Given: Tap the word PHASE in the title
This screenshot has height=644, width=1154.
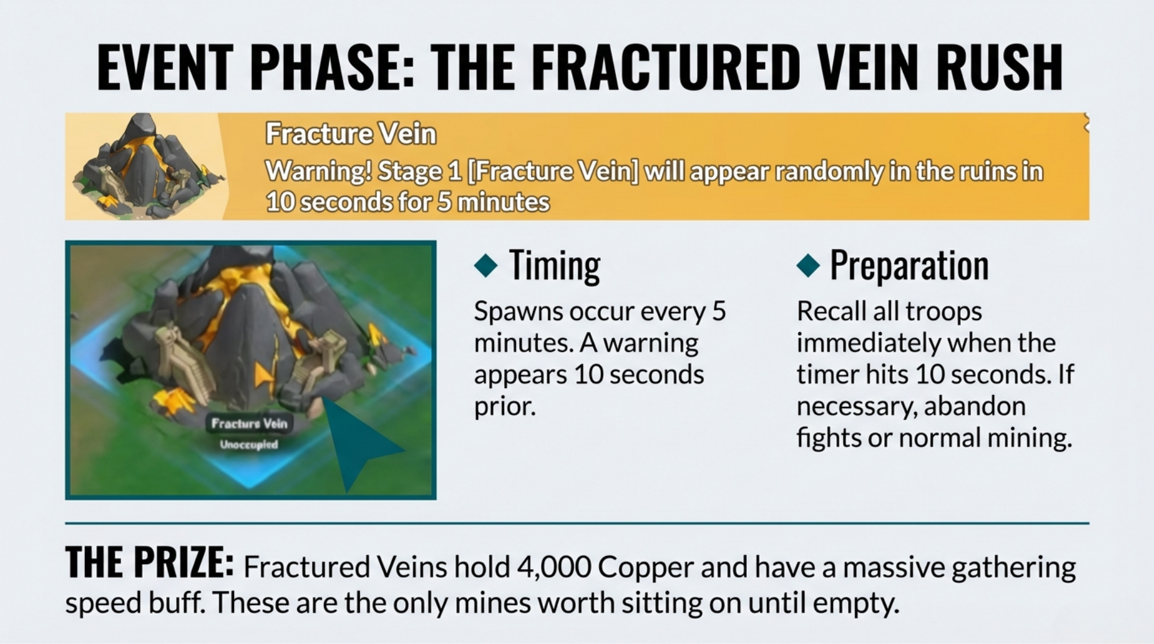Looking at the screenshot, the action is pos(332,67).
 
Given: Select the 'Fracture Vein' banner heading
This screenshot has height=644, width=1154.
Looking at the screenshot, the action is pos(350,134).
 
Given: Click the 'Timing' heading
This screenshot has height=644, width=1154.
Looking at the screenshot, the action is pos(554,265).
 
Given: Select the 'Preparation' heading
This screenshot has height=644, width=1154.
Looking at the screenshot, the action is pos(909,265).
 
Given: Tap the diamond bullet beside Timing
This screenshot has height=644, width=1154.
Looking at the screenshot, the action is pos(486,265).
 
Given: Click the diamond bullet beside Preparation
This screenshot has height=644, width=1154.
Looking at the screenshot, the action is pos(808,265).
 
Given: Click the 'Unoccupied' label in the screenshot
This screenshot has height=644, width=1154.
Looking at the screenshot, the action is pos(249,445).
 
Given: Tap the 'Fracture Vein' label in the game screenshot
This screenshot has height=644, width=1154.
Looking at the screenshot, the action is pos(250,423).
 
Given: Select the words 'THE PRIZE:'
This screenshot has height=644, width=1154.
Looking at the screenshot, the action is pos(150,562).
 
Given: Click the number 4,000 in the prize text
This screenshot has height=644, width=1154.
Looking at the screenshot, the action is pos(554,567).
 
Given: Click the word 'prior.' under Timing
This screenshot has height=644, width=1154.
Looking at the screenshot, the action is pos(505,407).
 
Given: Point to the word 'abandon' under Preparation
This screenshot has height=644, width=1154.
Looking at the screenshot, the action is pos(975,406).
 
